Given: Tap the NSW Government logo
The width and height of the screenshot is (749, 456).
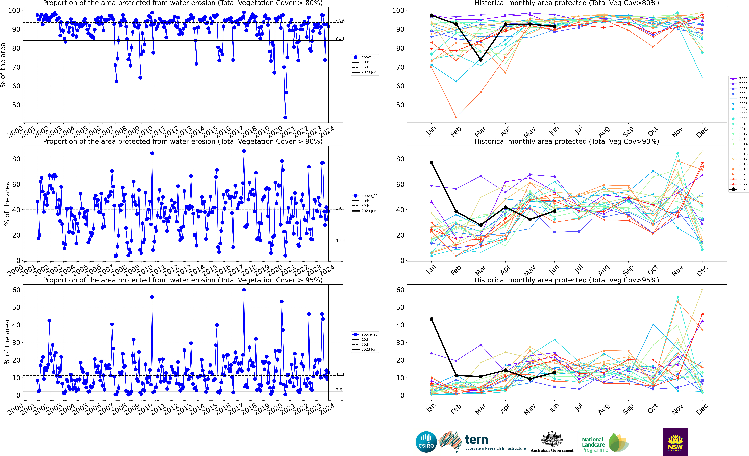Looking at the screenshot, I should tap(675, 442).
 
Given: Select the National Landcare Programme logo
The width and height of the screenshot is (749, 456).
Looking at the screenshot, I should tap(605, 443).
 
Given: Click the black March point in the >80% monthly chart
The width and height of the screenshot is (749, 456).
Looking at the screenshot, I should tap(481, 60).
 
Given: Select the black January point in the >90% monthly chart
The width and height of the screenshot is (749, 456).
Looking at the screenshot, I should tap(431, 163).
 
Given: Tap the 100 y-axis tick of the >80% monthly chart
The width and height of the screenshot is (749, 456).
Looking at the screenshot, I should tap(398, 11).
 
